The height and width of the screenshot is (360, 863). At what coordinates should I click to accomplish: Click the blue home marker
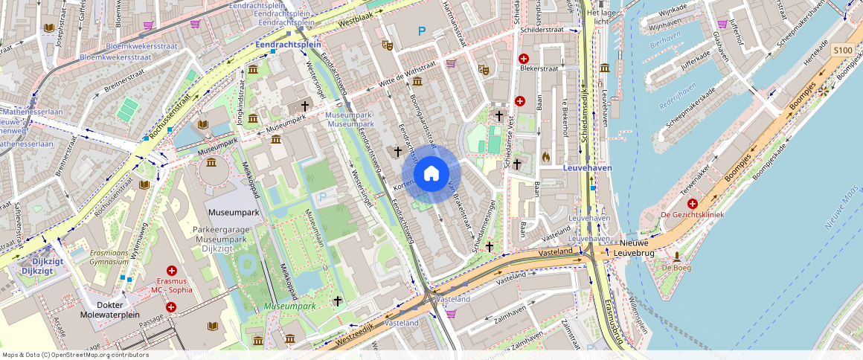tap(431, 174)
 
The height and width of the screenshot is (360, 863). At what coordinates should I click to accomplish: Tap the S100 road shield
tap(842, 50)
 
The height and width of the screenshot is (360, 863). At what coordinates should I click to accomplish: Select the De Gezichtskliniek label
tap(693, 215)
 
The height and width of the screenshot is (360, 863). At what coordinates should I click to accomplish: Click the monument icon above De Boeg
tap(676, 257)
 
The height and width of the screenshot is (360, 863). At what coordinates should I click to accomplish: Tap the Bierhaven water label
tap(665, 44)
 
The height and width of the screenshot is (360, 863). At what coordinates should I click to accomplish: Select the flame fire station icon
tap(546, 157)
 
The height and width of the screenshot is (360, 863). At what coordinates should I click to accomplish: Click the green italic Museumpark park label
tap(289, 306)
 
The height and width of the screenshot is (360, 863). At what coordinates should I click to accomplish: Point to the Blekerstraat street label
tap(539, 68)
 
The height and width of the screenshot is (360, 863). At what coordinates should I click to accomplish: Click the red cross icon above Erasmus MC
tap(172, 272)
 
